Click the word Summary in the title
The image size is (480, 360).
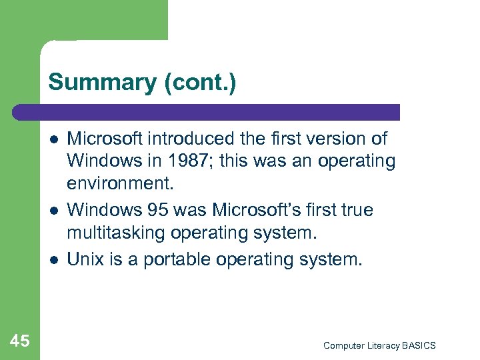click(x=101, y=83)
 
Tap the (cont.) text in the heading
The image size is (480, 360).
click(x=197, y=83)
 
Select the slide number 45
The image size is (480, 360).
click(x=20, y=341)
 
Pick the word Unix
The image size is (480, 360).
click(x=85, y=259)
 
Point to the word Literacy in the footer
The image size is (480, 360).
click(x=381, y=345)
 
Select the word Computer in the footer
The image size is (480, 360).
click(x=343, y=345)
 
